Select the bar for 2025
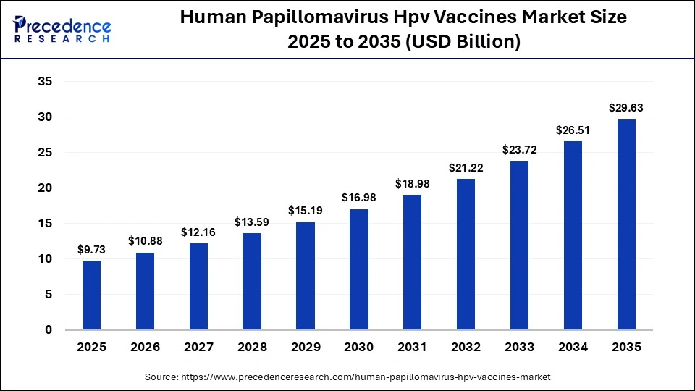91,295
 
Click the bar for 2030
359,269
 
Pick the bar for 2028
252,281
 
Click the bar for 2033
519,245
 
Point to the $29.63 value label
626,108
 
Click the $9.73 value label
91,249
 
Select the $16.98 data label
359,198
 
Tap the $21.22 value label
466,167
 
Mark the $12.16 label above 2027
198,232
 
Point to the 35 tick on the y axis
45,82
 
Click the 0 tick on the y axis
49,330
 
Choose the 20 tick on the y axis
45,188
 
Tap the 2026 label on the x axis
145,348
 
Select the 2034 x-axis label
573,348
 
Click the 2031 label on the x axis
412,348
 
